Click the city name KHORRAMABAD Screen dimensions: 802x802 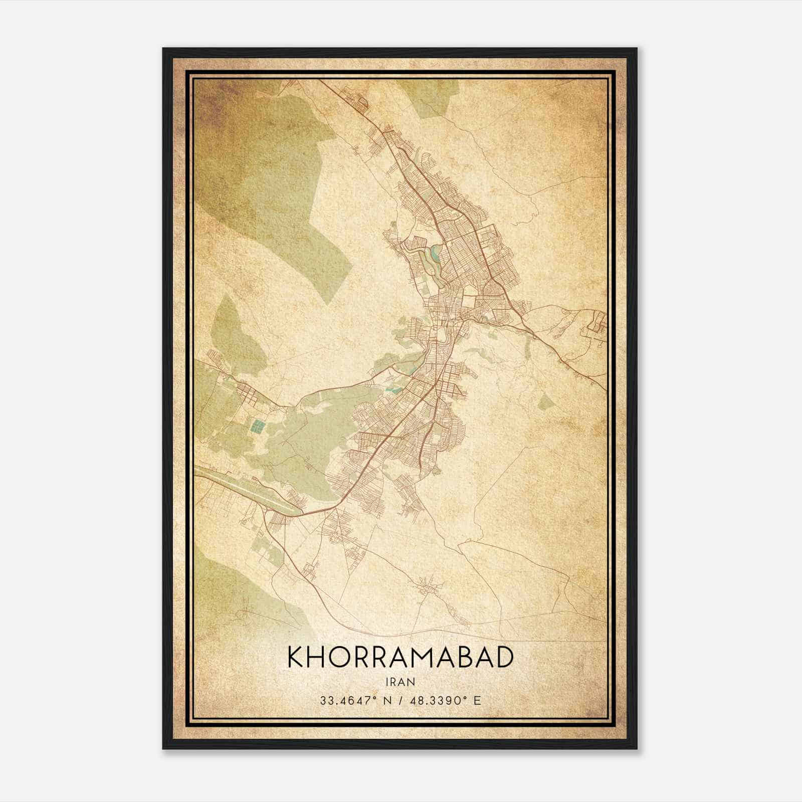tap(400, 658)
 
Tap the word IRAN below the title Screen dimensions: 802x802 tap(400, 682)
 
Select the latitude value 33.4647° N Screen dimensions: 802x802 tap(353, 700)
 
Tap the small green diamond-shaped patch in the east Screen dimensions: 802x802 tap(547, 402)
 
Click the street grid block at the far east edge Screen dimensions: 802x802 tap(596, 323)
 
